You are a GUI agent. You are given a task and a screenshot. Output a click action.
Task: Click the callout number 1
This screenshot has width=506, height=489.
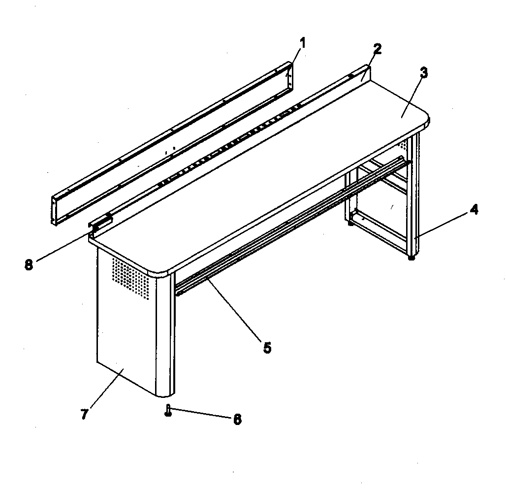(303, 43)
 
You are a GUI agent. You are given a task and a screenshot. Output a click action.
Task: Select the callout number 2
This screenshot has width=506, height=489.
(377, 49)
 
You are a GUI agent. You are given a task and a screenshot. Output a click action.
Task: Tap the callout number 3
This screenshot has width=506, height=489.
(423, 73)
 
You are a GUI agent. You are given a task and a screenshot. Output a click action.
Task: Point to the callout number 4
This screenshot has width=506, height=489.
(473, 209)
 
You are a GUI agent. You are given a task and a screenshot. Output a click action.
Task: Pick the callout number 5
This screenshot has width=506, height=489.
(266, 348)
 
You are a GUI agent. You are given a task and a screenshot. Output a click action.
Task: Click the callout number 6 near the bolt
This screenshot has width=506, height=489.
(237, 419)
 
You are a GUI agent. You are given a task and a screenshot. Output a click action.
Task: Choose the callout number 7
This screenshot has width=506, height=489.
(84, 414)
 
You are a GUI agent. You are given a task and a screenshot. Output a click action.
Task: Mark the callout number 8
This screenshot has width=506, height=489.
(29, 264)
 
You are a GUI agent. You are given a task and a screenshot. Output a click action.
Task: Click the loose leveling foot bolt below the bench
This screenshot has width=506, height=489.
(168, 410)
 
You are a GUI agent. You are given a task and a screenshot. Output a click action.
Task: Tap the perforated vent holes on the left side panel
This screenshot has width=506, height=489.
(130, 278)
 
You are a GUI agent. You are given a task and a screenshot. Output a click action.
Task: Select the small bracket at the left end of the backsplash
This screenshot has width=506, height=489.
(100, 223)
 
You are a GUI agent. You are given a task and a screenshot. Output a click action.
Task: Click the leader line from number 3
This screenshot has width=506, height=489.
(412, 96)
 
